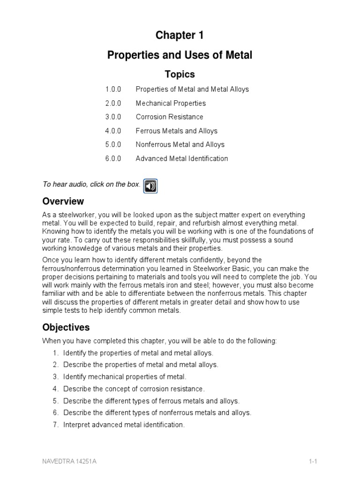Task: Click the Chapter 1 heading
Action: point(180,35)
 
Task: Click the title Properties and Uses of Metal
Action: point(180,55)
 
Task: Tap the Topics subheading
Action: point(180,74)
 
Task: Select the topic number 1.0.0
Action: point(113,89)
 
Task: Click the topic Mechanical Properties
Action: point(171,103)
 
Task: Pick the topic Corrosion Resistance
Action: point(169,117)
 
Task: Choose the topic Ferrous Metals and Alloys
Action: point(176,131)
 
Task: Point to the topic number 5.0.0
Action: point(113,144)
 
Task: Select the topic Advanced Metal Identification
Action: point(182,158)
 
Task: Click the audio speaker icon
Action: point(150,186)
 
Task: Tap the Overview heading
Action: point(63,202)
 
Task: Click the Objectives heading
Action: point(66,327)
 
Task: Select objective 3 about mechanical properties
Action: point(125,376)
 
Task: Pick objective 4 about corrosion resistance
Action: point(134,389)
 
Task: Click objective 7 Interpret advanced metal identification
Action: point(124,425)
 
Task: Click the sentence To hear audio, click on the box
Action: point(91,184)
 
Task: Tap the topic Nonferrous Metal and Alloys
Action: point(180,144)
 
